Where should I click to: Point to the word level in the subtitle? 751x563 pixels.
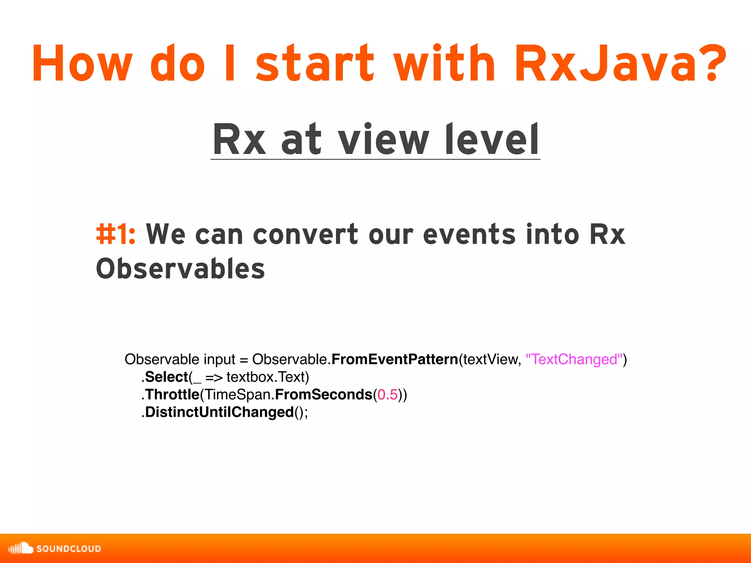491,140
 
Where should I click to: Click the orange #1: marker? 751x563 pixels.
116,235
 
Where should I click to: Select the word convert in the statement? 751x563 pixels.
305,235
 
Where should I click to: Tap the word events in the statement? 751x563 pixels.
469,235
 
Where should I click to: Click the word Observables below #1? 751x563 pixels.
180,269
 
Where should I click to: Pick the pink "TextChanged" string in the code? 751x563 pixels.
574,359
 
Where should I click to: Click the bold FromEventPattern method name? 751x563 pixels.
395,359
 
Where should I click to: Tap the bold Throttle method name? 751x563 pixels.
172,394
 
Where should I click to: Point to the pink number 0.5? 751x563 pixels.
388,394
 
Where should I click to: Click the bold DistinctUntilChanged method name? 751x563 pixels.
219,412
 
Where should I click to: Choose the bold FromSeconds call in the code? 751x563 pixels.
323,394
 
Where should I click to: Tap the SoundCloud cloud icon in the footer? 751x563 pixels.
21,548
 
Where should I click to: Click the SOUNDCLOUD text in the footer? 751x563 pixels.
69,549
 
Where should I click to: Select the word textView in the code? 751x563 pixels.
491,359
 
